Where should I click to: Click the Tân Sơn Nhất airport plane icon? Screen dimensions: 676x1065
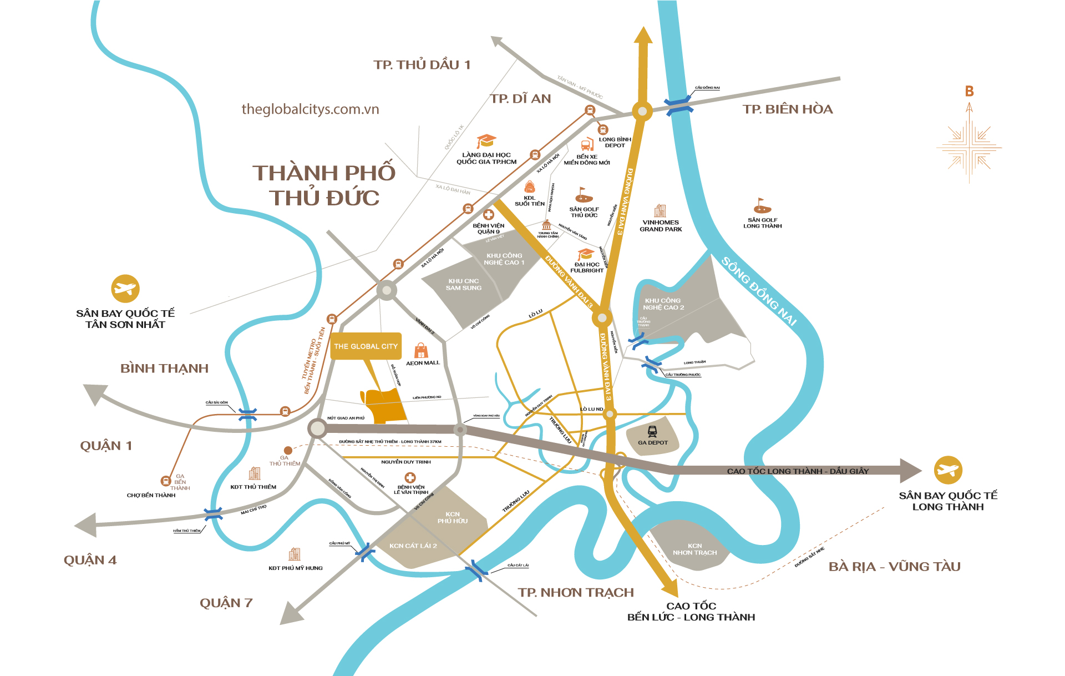click(x=125, y=289)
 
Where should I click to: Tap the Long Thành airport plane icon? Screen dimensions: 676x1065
click(x=947, y=470)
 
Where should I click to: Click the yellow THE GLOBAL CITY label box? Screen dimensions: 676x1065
click(x=366, y=346)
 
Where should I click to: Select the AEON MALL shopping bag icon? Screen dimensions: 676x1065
click(x=421, y=351)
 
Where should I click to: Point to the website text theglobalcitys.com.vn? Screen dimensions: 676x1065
click(x=310, y=109)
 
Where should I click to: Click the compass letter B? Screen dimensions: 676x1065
click(x=969, y=92)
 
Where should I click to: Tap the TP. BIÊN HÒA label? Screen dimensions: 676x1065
click(x=787, y=109)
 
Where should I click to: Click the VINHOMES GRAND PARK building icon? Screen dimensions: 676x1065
click(x=660, y=211)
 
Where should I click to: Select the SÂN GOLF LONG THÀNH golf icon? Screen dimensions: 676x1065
click(x=762, y=206)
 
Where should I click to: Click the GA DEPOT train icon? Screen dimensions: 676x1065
click(x=652, y=431)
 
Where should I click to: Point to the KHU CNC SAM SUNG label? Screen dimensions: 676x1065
click(x=464, y=285)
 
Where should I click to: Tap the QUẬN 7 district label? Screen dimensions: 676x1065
click(x=226, y=603)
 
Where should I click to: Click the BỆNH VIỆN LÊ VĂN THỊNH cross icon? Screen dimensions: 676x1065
click(x=410, y=477)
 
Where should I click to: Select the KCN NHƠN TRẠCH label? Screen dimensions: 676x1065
click(x=694, y=549)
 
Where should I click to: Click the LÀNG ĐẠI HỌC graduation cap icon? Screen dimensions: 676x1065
click(x=486, y=142)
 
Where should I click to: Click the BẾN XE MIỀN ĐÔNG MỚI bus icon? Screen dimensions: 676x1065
click(x=587, y=145)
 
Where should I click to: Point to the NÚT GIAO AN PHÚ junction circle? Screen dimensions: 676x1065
click(x=317, y=428)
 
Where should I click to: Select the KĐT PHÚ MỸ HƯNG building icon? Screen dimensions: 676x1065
click(x=295, y=554)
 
